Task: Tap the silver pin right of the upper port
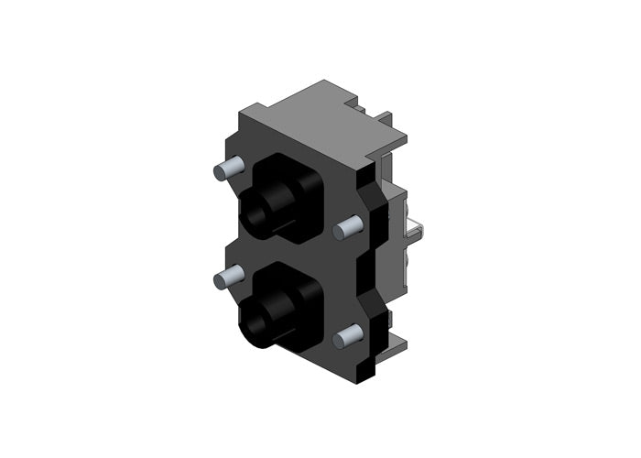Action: point(349,226)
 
